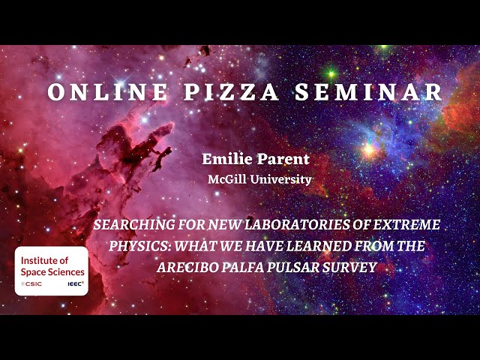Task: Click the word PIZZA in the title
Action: point(231,91)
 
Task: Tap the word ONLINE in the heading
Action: point(107,91)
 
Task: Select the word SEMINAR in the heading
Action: point(368,91)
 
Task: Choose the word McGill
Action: point(226,179)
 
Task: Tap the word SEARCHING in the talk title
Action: point(134,225)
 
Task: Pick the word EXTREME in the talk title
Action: point(406,225)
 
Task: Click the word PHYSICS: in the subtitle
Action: point(140,246)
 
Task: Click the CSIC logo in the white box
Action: point(31,284)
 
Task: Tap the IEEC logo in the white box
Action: point(76,283)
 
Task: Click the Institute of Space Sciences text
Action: point(52,266)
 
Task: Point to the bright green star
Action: point(331,73)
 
